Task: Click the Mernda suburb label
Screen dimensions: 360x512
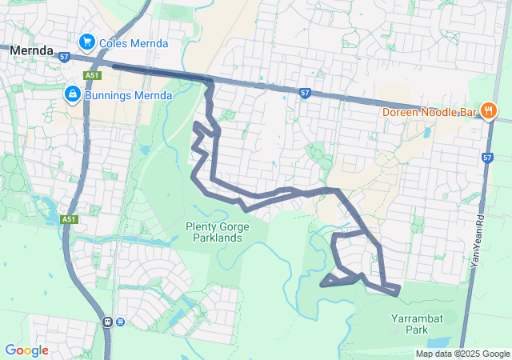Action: (31, 50)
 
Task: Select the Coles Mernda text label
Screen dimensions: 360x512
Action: (134, 42)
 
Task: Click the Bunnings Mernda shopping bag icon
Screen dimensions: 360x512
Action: (73, 95)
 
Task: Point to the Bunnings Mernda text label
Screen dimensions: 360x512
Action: (129, 96)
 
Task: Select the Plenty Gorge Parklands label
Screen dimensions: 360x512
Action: (214, 232)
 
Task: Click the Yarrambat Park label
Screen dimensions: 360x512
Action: (416, 323)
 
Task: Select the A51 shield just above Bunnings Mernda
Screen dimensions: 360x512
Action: (91, 76)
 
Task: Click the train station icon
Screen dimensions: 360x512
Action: (107, 322)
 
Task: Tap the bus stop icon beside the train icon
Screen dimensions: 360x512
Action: (120, 322)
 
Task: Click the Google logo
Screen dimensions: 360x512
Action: (26, 350)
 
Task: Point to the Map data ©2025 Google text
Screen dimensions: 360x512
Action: (462, 354)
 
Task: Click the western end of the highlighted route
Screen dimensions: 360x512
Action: (114, 66)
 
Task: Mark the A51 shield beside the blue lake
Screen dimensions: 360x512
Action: (69, 219)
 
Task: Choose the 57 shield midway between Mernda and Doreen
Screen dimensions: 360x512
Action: (305, 92)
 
